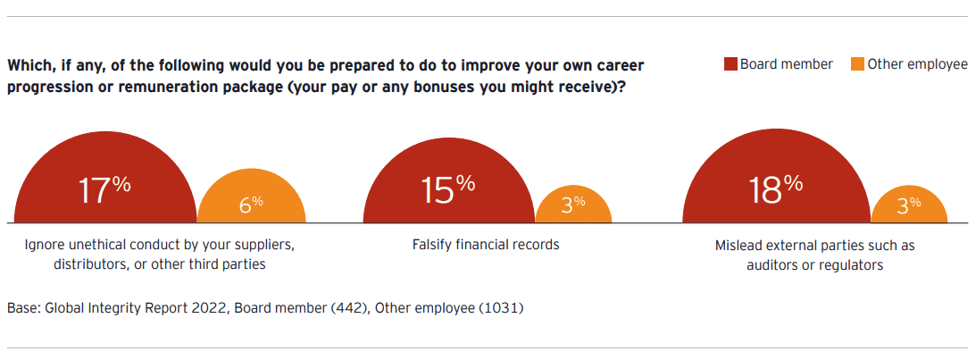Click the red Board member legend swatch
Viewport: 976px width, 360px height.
tap(730, 64)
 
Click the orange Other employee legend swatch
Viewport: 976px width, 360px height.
tap(858, 64)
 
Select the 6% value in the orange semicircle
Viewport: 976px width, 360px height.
tap(252, 205)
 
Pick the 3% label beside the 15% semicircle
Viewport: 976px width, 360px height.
tap(573, 205)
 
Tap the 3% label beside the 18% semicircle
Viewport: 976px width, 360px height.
tap(909, 205)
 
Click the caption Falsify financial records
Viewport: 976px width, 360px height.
tap(486, 244)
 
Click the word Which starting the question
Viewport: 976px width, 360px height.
tap(27, 65)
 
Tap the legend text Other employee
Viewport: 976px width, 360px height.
tap(917, 64)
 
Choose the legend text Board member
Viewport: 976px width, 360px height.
tap(786, 64)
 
